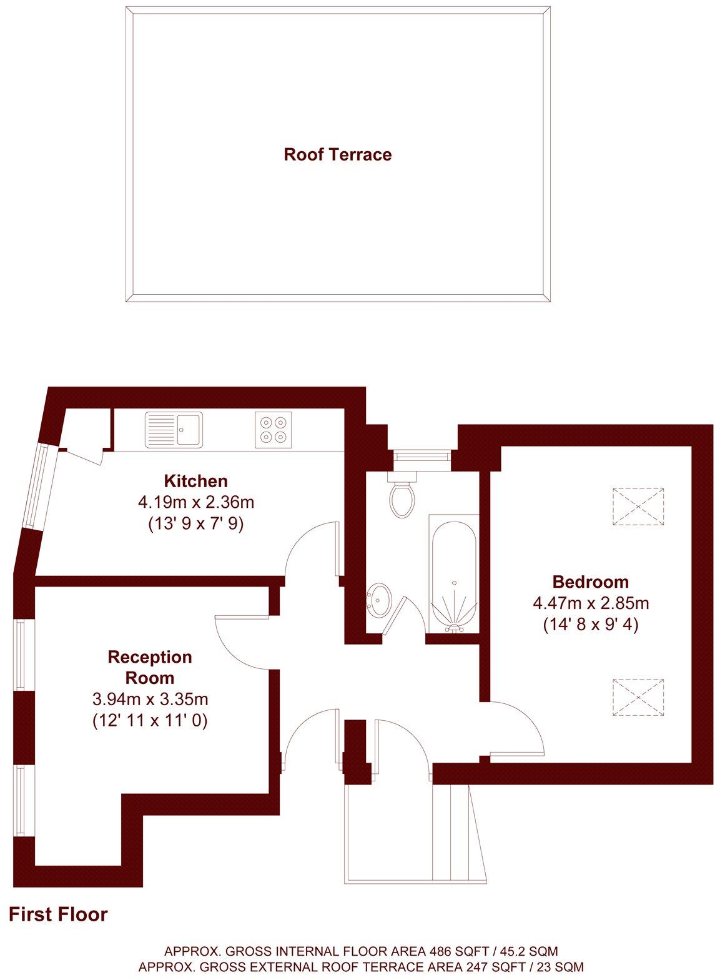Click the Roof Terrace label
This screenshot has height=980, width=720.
tap(337, 154)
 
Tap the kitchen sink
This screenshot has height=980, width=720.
tap(174, 429)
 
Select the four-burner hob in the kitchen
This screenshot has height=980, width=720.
tap(274, 429)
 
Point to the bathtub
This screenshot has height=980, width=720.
tap(454, 572)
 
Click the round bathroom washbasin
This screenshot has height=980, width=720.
tap(379, 600)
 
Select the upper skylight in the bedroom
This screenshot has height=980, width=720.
tap(638, 507)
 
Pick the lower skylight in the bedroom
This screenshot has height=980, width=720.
tap(638, 696)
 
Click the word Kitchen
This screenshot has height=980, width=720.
tap(195, 481)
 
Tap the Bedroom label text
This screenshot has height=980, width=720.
tap(590, 582)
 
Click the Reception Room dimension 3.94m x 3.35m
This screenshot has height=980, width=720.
tap(150, 698)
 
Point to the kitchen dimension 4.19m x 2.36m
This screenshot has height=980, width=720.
tap(195, 502)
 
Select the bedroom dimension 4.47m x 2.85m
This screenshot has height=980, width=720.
tap(590, 603)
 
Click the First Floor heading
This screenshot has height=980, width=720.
tap(58, 914)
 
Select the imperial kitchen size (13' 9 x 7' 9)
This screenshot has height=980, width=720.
tap(195, 523)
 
